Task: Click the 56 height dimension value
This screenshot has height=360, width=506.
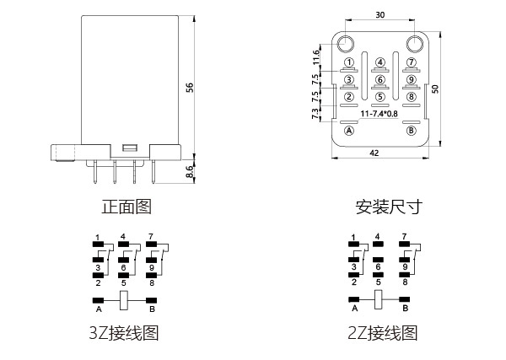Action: (191, 87)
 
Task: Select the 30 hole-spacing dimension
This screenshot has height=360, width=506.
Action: (380, 15)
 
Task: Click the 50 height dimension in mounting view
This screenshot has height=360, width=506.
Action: (435, 89)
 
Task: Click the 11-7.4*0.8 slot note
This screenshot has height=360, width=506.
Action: (380, 113)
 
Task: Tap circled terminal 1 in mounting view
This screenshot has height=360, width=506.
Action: (348, 62)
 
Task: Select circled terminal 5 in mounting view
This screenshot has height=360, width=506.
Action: (380, 96)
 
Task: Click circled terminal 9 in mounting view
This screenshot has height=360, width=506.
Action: (412, 79)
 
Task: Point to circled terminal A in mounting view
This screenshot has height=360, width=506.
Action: (349, 131)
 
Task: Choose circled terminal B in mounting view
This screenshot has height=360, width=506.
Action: (412, 131)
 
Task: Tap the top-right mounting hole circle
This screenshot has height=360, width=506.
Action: (413, 43)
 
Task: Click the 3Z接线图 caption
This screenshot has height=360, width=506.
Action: (123, 332)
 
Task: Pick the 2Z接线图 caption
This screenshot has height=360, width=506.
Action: (382, 332)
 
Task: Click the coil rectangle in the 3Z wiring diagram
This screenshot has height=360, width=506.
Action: (125, 299)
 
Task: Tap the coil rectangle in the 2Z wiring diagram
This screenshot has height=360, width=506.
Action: (379, 299)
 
